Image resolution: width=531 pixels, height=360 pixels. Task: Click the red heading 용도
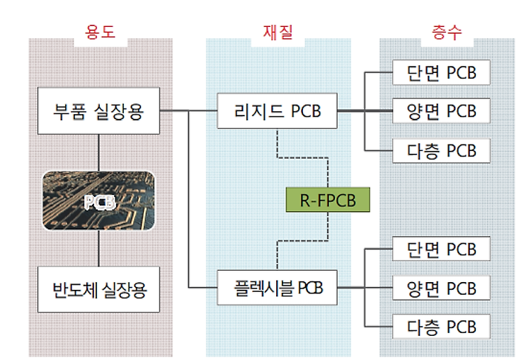click(101, 32)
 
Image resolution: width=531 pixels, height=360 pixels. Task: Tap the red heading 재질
click(278, 33)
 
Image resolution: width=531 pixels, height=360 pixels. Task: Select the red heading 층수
click(447, 33)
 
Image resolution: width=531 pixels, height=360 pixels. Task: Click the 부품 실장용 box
click(98, 111)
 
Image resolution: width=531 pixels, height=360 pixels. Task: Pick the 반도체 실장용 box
click(98, 289)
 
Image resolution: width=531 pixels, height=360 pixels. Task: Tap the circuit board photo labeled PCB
click(98, 201)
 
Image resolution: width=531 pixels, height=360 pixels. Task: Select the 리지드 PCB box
click(277, 111)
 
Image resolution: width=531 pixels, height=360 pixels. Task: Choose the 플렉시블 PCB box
click(277, 288)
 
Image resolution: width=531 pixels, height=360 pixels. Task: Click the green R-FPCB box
click(328, 200)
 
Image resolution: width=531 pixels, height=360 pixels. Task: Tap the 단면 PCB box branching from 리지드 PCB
click(441, 72)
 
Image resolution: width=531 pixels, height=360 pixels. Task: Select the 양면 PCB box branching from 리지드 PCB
click(441, 111)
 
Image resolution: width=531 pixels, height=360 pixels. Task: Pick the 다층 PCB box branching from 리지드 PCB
click(441, 150)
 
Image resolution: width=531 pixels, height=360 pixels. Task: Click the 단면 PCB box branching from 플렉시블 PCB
click(441, 249)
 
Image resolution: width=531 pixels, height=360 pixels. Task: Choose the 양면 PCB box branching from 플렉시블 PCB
click(441, 288)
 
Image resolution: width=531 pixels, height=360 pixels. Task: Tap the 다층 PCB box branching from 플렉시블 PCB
click(441, 327)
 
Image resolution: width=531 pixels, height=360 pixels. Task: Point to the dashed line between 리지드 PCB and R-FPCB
click(302, 157)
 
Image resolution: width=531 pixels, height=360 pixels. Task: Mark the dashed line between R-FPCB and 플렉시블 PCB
click(302, 241)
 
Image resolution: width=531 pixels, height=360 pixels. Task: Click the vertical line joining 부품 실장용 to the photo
click(98, 152)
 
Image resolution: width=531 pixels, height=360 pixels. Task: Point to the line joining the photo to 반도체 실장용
click(98, 249)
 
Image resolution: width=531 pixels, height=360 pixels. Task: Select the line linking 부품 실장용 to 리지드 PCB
click(188, 111)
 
